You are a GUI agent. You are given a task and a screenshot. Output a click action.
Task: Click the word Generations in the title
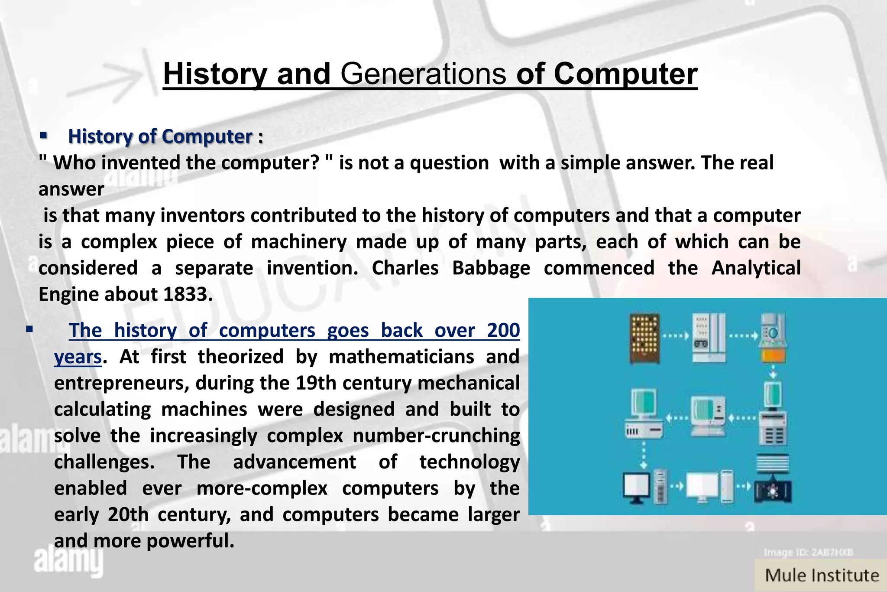[423, 74]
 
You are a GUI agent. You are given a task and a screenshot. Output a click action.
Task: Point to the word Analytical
[756, 268]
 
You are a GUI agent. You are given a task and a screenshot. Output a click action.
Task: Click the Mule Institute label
[822, 576]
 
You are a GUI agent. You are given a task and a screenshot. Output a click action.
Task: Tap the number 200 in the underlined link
[503, 330]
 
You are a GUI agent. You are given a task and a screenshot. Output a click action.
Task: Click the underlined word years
[78, 357]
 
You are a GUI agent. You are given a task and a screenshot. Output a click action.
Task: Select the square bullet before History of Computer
[43, 136]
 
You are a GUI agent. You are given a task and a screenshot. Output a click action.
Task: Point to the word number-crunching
[436, 436]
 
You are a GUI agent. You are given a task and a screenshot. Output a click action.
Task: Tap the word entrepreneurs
[121, 384]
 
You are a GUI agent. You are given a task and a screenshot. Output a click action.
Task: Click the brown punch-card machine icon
[644, 338]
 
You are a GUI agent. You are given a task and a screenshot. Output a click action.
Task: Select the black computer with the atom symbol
[773, 491]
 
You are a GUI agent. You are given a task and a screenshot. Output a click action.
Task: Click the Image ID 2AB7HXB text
[808, 552]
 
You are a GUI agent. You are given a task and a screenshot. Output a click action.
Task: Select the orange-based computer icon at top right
[773, 338]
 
